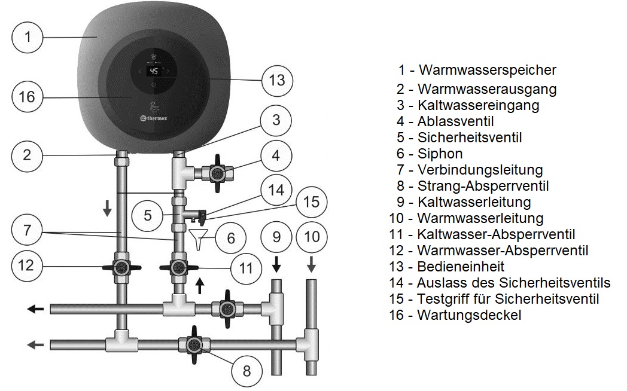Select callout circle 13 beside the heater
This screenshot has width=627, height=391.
pyautogui.click(x=277, y=80)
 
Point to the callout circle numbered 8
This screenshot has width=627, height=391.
pyautogui.click(x=246, y=371)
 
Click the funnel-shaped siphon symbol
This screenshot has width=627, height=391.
pyautogui.click(x=199, y=237)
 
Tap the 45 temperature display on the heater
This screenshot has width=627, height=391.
pyautogui.click(x=154, y=71)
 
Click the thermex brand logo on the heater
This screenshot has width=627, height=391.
pyautogui.click(x=158, y=118)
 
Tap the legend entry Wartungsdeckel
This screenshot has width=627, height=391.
pyautogui.click(x=468, y=314)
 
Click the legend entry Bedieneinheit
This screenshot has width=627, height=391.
pyautogui.click(x=461, y=266)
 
